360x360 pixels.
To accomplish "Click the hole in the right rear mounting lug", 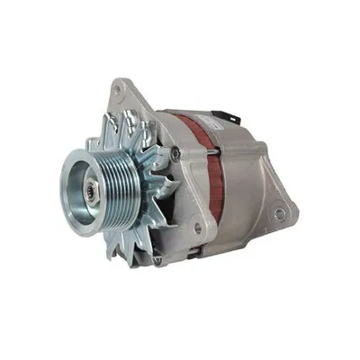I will coord(280,214).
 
